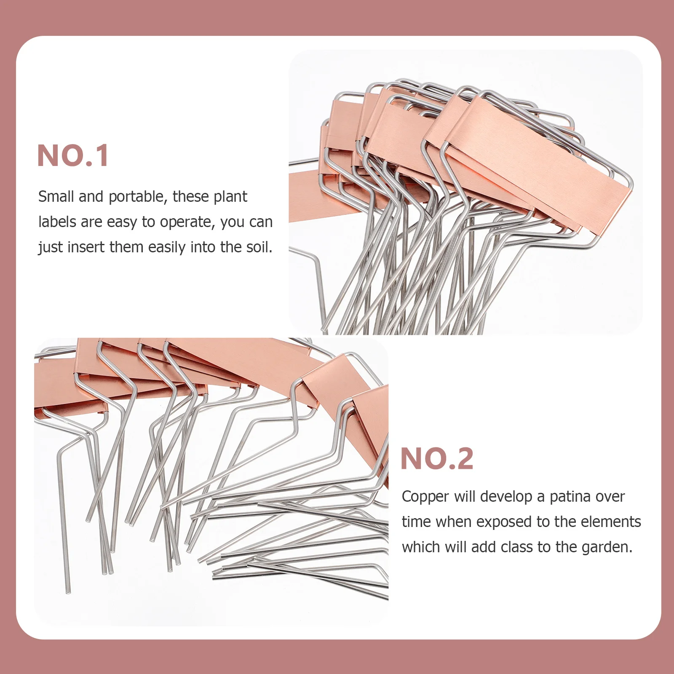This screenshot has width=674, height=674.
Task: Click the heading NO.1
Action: [73, 156]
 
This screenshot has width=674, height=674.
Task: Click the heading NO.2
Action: [437, 459]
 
